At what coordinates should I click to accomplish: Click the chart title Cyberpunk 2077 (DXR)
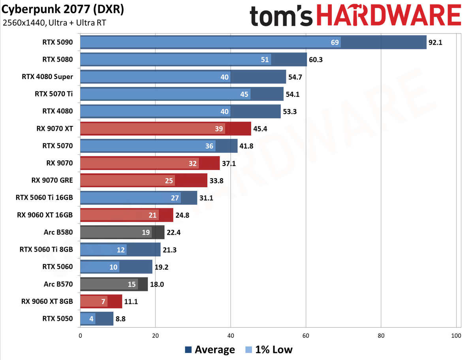point(63,9)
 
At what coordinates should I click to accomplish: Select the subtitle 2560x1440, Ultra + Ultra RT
point(54,23)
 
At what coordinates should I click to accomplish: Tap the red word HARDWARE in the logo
point(389,15)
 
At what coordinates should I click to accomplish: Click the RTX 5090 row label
point(57,42)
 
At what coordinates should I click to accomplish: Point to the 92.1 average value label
point(435,42)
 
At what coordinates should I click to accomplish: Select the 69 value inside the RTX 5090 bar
point(335,42)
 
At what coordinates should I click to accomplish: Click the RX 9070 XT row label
point(55,128)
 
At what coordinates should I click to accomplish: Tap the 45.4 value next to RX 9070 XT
point(260,129)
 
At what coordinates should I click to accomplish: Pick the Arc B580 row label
point(58,232)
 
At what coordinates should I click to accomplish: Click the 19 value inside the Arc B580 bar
point(146,232)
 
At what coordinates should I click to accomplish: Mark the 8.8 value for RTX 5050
point(120,319)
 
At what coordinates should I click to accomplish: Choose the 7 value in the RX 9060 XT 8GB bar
point(103,302)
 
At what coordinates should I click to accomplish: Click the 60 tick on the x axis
point(306,335)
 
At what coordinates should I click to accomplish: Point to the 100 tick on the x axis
point(456,335)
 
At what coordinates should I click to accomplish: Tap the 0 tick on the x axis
point(80,335)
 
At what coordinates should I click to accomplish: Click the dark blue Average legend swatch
point(188,350)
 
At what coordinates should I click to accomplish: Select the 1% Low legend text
point(274,349)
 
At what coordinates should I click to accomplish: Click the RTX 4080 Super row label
point(47,77)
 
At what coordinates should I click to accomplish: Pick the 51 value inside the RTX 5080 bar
point(265,60)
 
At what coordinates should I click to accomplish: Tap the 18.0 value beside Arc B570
point(157,284)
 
